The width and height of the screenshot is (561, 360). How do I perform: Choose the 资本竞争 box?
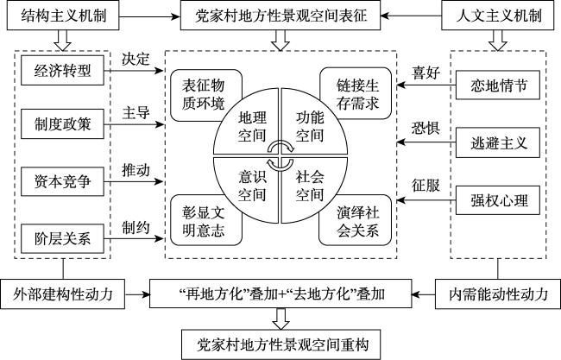[x=60, y=181]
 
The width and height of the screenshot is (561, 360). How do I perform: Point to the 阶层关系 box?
[x=60, y=238]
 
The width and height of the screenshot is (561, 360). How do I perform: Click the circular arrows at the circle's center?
[x=280, y=155]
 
